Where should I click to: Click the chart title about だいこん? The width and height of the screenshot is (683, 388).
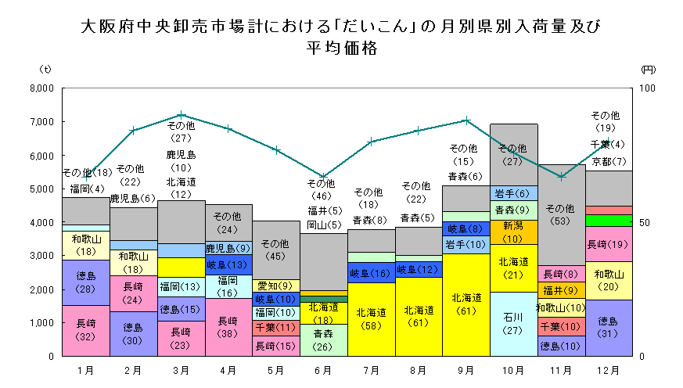coord(341,36)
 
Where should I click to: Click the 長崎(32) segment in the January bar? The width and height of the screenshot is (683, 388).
coord(86,330)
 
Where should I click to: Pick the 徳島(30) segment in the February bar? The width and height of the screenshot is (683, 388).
coord(133,333)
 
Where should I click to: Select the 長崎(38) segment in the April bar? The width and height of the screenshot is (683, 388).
coord(228,326)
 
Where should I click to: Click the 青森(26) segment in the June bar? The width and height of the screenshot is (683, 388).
coord(323,339)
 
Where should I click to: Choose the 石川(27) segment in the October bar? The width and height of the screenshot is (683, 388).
coord(513,323)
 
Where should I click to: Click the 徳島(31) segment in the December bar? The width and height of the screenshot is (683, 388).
coord(608,327)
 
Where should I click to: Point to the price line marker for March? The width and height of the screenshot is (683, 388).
coord(181,115)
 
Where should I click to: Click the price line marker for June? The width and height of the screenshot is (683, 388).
coord(323,177)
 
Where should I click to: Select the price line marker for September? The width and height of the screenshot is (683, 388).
coord(466,120)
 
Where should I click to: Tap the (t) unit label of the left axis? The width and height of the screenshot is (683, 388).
coord(45,70)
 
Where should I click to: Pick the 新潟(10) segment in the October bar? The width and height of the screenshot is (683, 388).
coord(513,232)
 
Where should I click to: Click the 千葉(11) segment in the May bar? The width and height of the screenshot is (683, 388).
coord(275,328)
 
